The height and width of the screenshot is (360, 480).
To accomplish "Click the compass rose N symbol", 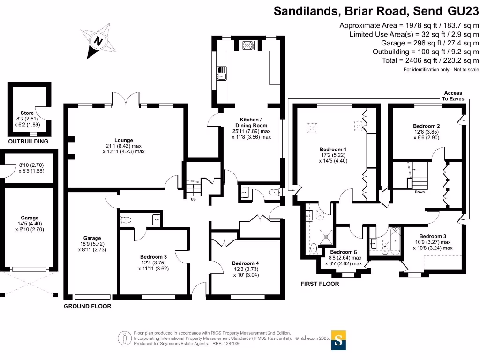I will (x=98, y=41).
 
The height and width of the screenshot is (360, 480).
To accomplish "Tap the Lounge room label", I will (x=123, y=140).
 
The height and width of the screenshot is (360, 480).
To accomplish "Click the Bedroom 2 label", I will (x=426, y=126).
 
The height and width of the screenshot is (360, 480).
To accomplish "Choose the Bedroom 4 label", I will (x=245, y=263).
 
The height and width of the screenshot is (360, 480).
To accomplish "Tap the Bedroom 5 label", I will (x=344, y=252).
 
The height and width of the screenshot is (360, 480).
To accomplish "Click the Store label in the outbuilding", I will (x=27, y=113).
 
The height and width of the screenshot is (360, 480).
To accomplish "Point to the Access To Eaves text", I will (x=453, y=96).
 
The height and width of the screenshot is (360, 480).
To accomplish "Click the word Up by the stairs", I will (x=193, y=199).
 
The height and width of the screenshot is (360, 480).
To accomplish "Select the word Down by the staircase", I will (x=420, y=192).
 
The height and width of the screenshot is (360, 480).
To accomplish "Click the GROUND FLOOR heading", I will (x=88, y=306).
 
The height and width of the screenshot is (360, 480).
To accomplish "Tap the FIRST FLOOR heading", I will (x=320, y=284).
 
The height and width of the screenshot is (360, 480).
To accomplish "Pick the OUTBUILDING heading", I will (x=28, y=141).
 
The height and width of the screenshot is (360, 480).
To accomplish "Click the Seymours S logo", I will (x=339, y=340).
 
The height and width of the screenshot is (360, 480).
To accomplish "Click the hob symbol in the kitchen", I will (x=247, y=45).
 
